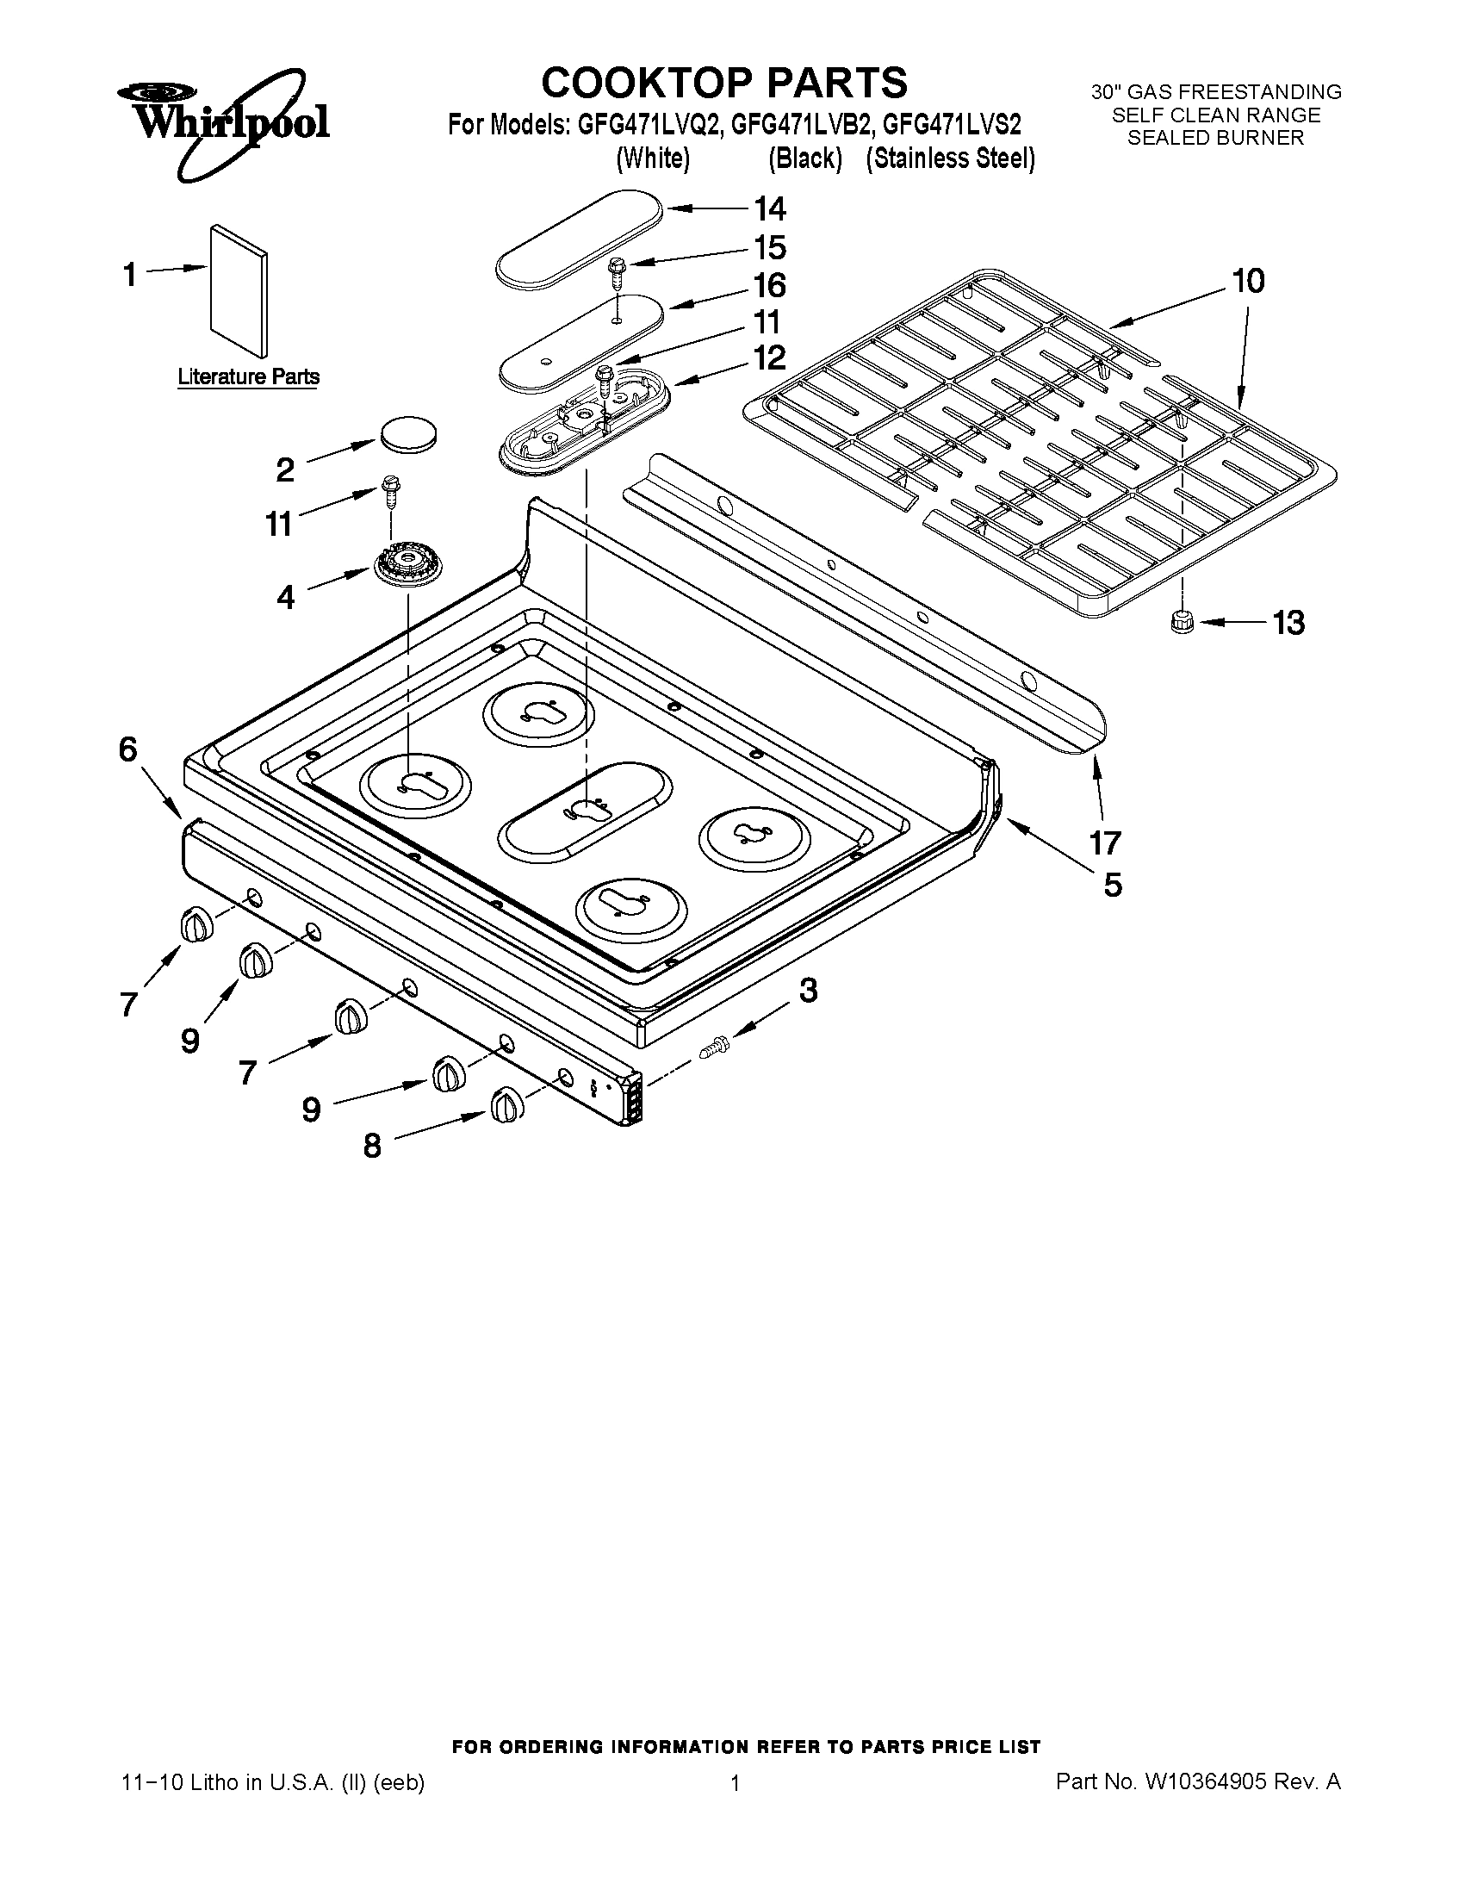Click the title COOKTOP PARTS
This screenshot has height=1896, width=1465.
(x=724, y=84)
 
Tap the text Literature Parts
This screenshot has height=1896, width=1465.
(x=248, y=376)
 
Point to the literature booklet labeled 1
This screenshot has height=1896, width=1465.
(x=239, y=291)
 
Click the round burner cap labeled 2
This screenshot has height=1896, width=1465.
(x=407, y=433)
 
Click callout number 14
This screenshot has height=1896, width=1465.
(x=769, y=209)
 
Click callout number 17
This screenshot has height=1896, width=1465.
(x=1105, y=842)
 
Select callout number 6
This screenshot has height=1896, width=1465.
(x=128, y=749)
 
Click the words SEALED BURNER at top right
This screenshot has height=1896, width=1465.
(x=1215, y=138)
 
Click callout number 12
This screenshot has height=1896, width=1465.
(x=769, y=357)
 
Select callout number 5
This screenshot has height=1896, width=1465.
(x=1112, y=885)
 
